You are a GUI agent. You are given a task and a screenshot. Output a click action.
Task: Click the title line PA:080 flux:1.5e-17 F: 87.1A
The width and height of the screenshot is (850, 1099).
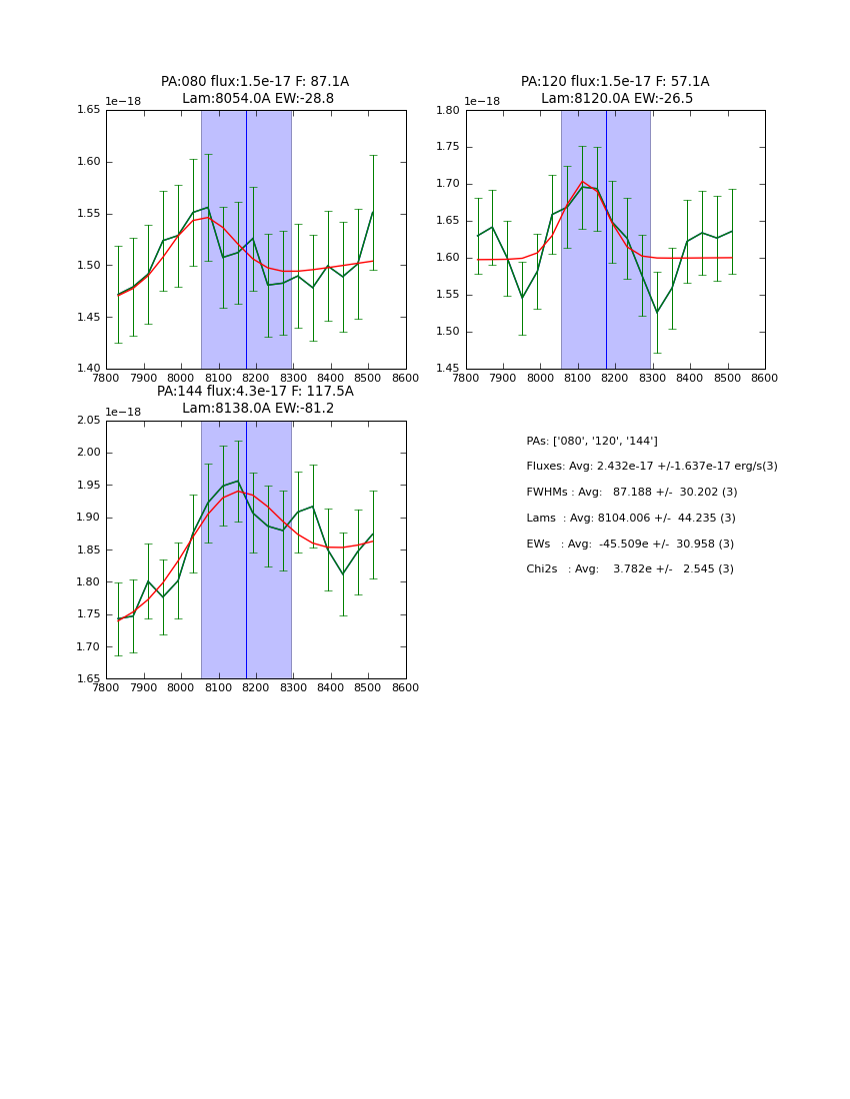[255, 82]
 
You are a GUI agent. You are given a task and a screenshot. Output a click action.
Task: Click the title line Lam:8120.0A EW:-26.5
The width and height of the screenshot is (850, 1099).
[616, 99]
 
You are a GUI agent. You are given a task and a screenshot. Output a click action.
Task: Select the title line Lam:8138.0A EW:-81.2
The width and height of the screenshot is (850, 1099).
[257, 409]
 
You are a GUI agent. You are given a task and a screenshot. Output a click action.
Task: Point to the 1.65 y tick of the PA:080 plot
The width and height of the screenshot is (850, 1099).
[88, 110]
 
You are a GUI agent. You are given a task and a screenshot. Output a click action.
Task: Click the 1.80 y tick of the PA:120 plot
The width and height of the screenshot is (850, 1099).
[448, 110]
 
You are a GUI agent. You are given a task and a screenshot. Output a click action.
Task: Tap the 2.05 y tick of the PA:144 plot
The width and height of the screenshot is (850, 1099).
[88, 421]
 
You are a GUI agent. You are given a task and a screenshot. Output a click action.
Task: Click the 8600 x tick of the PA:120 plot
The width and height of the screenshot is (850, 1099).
[765, 379]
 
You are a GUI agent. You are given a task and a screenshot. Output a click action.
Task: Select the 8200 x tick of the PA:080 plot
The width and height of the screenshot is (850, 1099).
[256, 379]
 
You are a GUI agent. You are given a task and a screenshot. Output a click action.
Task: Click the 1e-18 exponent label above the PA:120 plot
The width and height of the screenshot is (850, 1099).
[482, 102]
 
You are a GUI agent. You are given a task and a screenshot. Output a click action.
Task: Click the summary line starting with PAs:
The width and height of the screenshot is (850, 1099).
[592, 442]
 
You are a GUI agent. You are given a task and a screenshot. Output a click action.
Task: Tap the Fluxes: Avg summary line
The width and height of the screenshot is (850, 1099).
[651, 467]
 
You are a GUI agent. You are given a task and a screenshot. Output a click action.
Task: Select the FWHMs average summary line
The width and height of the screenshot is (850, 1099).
[631, 493]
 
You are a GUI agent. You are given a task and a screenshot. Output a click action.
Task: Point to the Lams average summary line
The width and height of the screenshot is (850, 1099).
[630, 519]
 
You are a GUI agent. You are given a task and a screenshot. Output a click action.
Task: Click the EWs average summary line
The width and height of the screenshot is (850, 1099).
[629, 545]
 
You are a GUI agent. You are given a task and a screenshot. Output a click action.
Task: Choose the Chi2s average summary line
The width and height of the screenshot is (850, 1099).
[629, 569]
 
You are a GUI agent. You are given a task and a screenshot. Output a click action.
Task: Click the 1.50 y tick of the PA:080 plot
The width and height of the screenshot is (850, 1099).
[88, 265]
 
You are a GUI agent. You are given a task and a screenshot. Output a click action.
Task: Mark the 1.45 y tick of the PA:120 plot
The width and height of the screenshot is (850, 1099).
[448, 369]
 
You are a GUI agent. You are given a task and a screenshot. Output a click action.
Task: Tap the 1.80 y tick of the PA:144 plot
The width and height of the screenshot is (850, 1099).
[88, 582]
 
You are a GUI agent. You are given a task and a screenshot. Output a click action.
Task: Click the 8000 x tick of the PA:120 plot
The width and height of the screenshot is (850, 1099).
[541, 379]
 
